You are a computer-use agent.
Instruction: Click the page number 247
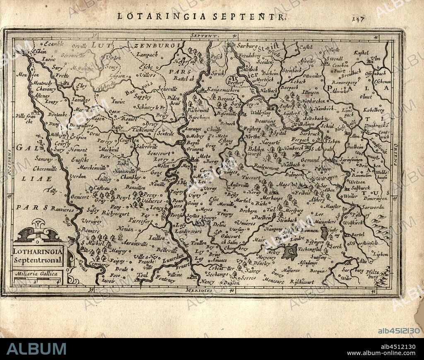357,18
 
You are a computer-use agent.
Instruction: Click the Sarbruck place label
311,134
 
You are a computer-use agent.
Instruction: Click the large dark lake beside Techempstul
291,251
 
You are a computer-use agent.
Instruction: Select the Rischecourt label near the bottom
302,282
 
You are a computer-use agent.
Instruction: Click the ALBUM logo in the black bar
36,348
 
